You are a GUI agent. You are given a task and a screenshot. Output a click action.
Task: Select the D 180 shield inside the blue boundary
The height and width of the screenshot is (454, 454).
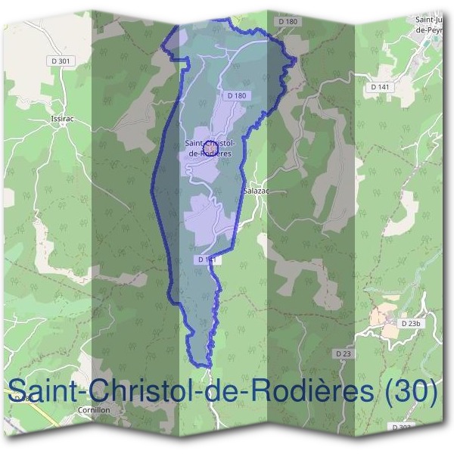[237, 95]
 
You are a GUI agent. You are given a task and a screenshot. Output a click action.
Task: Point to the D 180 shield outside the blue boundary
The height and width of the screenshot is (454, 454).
[288, 22]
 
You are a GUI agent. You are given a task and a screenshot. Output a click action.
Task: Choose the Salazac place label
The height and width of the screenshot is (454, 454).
[256, 191]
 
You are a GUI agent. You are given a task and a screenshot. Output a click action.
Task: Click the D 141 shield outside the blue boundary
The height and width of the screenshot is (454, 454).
[380, 88]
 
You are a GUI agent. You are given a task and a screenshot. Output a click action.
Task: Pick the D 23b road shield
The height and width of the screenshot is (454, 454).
[409, 323]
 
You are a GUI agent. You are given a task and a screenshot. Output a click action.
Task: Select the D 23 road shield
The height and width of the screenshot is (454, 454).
[344, 353]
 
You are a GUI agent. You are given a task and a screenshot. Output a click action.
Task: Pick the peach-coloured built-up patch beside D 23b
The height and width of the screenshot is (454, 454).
[385, 319]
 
